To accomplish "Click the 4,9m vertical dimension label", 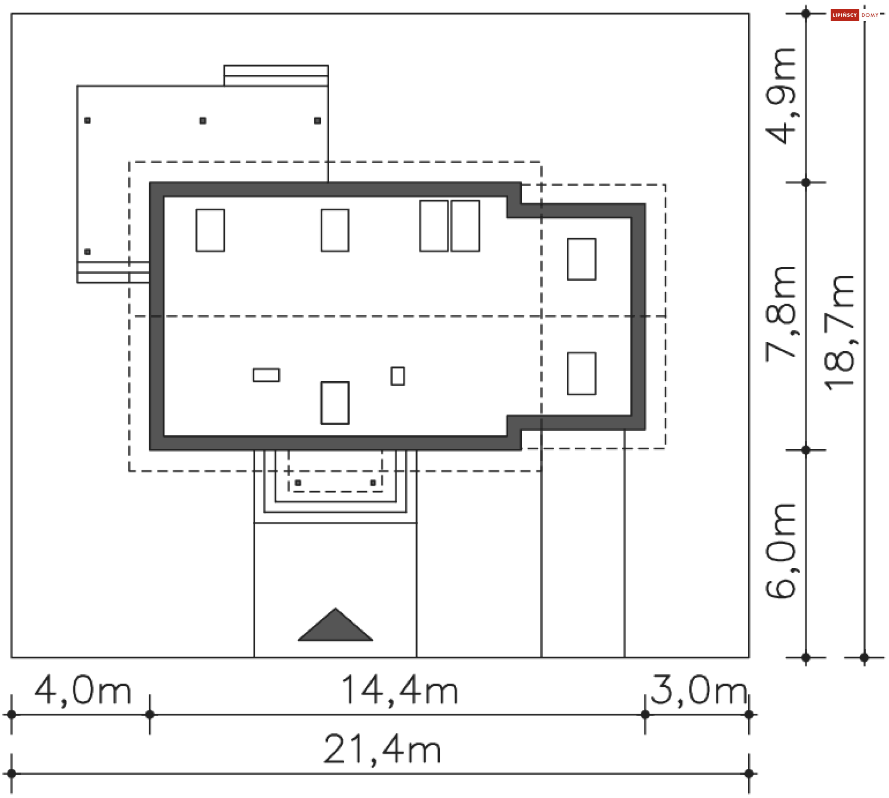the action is pyautogui.click(x=781, y=96).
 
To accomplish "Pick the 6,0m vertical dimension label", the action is pyautogui.click(x=781, y=551).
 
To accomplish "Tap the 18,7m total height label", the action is pyautogui.click(x=839, y=333).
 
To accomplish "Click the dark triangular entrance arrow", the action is pyautogui.click(x=335, y=625).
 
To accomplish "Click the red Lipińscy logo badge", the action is pyautogui.click(x=845, y=15).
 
